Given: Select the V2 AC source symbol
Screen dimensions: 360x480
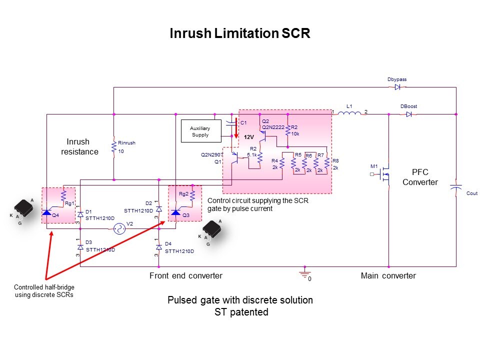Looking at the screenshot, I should (x=119, y=229).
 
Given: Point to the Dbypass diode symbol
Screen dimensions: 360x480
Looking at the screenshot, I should (x=397, y=87).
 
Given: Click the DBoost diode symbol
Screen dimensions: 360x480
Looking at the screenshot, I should (x=408, y=114).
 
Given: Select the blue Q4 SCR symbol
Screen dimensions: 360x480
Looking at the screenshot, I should (x=47, y=213).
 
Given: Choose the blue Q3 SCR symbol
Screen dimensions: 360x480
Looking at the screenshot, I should (x=175, y=213).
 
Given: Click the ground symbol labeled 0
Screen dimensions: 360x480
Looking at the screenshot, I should (x=302, y=273).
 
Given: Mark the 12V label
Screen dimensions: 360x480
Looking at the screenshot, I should (x=249, y=136).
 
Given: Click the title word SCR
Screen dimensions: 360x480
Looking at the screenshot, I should (x=296, y=33).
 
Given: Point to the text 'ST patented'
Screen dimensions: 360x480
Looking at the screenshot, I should (x=240, y=312).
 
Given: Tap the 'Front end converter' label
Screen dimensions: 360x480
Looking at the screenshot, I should (x=186, y=275).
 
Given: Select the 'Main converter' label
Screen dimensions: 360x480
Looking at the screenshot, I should (x=388, y=275).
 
